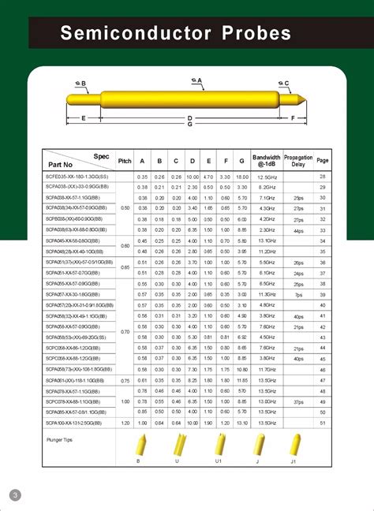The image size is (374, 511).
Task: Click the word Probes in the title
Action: coord(252,34)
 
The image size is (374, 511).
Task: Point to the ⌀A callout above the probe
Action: coord(196,80)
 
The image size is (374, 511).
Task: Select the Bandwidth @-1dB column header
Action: coord(266,160)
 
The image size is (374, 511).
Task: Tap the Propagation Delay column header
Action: coord(298,160)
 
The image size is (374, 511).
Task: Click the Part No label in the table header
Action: coord(60,164)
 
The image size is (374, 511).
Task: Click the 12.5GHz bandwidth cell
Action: coord(266,176)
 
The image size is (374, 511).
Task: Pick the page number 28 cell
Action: coord(322,176)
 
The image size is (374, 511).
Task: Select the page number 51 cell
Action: coord(322,423)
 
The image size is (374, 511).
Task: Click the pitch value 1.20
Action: coord(125,423)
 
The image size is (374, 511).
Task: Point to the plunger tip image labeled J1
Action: coord(292,447)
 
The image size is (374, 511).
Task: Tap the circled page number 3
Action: coord(14,494)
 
